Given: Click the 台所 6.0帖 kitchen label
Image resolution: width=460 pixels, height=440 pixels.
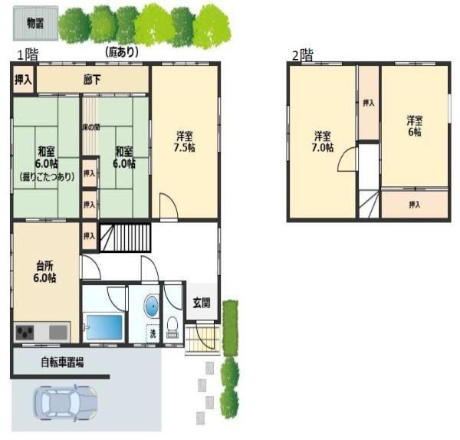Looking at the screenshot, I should (44, 271).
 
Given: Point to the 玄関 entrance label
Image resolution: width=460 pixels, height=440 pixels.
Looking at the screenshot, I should (201, 302).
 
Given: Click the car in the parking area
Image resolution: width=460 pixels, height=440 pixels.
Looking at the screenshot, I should (66, 402).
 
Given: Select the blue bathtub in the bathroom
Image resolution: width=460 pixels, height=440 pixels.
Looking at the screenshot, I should (103, 327).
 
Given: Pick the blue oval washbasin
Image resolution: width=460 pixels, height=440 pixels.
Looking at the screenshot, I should (152, 306).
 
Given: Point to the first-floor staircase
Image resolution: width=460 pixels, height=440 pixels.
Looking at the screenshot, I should (127, 238).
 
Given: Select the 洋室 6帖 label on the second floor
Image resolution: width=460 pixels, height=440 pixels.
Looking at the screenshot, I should (414, 126).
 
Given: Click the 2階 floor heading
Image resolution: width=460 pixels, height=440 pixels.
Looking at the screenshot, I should (301, 55).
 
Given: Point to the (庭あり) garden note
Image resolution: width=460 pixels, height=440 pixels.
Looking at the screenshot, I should (121, 51).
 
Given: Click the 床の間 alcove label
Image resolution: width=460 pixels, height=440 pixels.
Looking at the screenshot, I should (90, 126).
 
